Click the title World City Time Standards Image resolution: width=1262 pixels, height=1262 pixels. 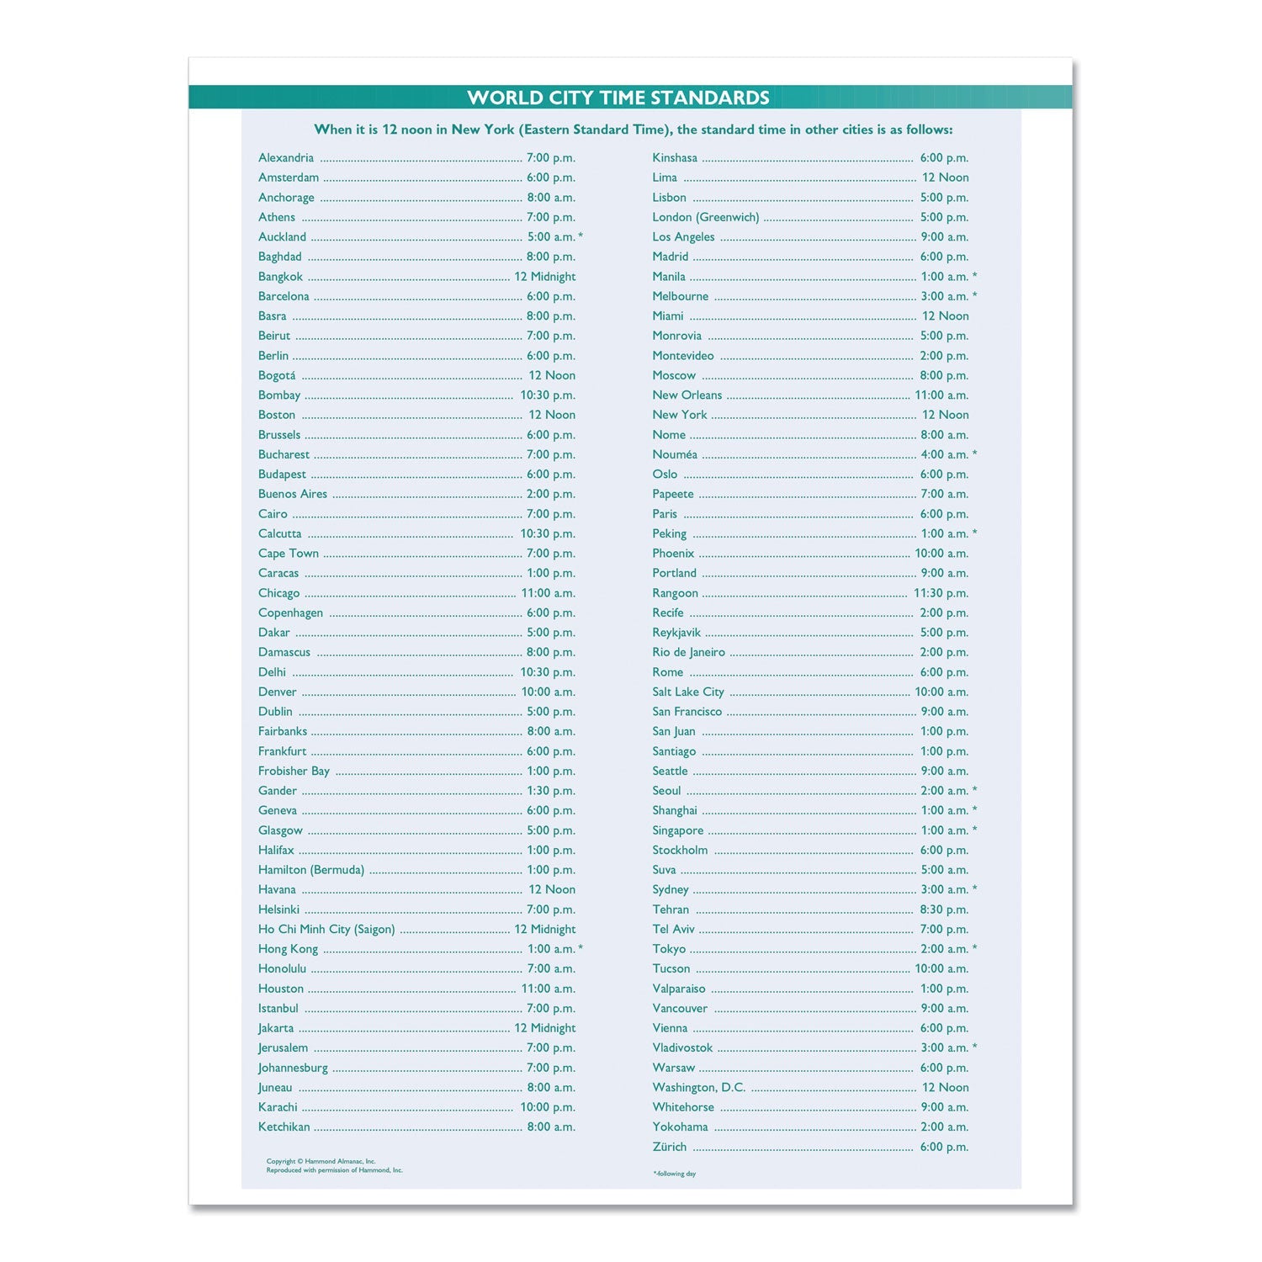coord(618,98)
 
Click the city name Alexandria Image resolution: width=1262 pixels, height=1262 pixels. coord(286,158)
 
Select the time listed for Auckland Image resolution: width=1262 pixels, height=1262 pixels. coord(551,237)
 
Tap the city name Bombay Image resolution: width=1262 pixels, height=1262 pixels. coord(279,395)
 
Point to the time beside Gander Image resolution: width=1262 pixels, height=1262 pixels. coord(551,791)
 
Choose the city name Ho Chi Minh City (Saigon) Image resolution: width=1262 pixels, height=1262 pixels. coord(326,930)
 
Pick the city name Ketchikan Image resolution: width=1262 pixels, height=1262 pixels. coord(284,1127)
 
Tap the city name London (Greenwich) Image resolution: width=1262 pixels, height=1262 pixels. coord(706,217)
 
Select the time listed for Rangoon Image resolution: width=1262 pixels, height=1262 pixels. coord(941,593)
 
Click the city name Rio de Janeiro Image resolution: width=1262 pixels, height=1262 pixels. coord(688,653)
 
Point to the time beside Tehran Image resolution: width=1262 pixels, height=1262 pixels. coord(944,909)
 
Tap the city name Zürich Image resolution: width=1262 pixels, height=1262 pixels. coord(670,1147)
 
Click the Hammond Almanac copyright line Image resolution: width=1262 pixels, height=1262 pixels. coord(321,1161)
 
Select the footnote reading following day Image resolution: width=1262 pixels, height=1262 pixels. coord(675,1174)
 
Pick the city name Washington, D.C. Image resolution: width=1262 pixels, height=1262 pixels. coord(699,1088)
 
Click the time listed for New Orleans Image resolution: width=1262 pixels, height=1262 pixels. coord(941,395)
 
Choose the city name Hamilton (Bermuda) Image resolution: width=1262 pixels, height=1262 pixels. coord(311,870)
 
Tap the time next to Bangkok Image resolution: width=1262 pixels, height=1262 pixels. coord(545,277)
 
